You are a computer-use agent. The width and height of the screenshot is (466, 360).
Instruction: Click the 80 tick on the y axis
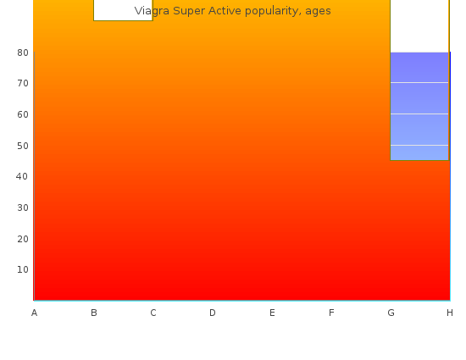tap(23, 53)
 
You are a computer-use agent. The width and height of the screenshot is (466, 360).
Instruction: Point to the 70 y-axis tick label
tap(23, 84)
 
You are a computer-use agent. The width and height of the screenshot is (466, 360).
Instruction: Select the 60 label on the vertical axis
tap(23, 114)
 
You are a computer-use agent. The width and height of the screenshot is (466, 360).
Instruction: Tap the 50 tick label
tap(23, 146)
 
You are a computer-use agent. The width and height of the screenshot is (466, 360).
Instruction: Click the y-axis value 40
tap(22, 176)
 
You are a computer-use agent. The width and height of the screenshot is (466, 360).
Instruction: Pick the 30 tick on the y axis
tap(23, 208)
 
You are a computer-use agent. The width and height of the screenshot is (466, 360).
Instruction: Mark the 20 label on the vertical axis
tap(23, 239)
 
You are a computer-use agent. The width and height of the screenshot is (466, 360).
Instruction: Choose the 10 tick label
tap(23, 269)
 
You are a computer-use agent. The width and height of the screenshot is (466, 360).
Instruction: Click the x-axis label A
tap(34, 313)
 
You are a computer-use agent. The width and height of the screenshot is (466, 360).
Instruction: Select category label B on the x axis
tap(94, 313)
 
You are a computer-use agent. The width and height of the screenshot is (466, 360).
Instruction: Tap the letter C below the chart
tap(153, 313)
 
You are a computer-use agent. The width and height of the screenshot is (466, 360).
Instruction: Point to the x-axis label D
tap(213, 313)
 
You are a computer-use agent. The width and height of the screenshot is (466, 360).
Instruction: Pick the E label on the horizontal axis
tap(272, 313)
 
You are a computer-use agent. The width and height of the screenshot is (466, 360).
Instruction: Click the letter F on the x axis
tap(331, 313)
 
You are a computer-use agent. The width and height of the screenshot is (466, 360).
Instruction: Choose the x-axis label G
tap(391, 313)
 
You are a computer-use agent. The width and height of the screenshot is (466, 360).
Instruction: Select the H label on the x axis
tap(450, 313)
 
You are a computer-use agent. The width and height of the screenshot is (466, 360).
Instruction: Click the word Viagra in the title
tap(152, 11)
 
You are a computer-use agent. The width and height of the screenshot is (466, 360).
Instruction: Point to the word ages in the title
tap(318, 12)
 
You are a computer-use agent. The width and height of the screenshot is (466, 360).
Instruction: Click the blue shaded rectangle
tap(419, 107)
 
